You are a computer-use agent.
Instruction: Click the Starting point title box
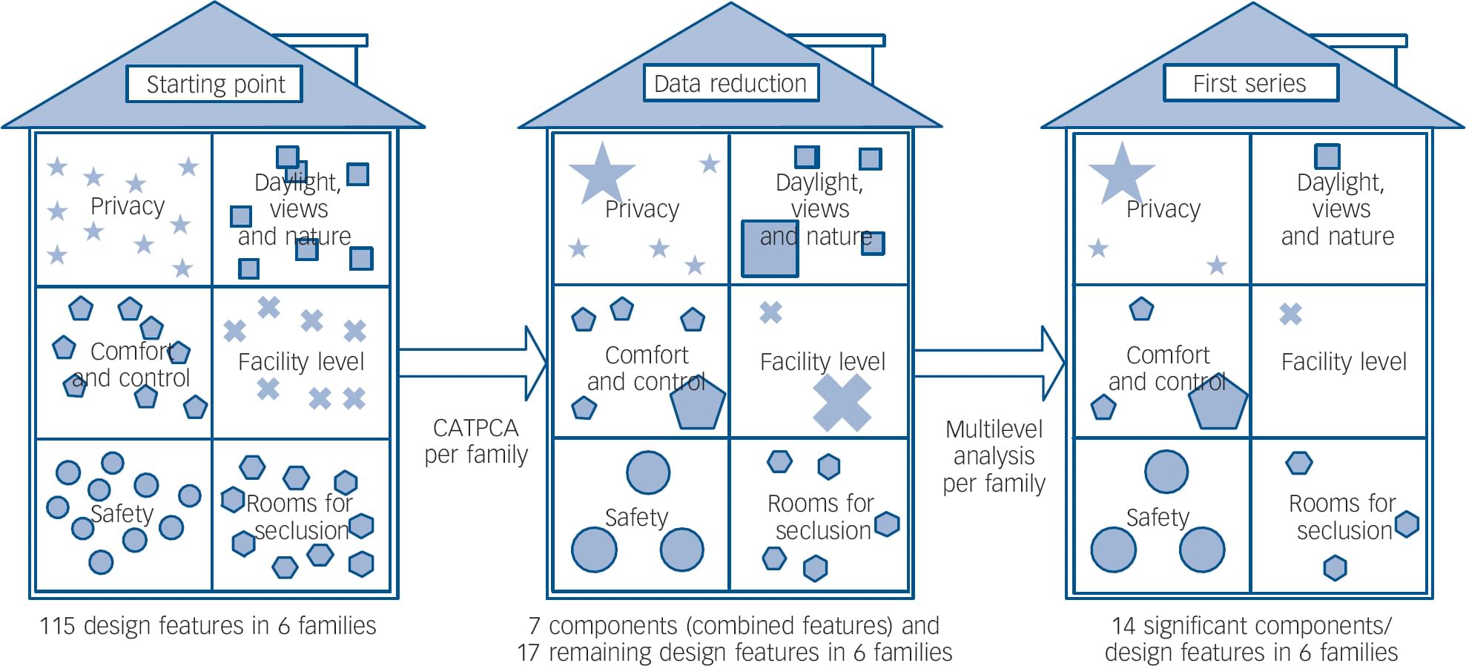(x=214, y=84)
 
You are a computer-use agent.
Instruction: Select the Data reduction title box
(x=730, y=83)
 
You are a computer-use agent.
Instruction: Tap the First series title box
(x=1250, y=83)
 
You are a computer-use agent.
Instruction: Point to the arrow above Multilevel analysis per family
(x=989, y=363)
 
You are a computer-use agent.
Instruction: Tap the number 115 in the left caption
(x=57, y=626)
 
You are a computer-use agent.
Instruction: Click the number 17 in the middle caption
(x=528, y=653)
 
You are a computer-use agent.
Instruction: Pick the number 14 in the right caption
(x=1123, y=626)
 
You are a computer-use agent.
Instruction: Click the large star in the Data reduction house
(x=601, y=174)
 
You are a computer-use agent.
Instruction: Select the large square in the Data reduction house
(x=770, y=248)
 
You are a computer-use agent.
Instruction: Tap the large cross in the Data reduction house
(x=842, y=403)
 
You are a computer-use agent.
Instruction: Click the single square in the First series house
(x=1327, y=156)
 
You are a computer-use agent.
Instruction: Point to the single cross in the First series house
(x=1290, y=314)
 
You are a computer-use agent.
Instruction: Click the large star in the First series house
(x=1121, y=174)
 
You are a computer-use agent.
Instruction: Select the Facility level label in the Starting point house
(x=301, y=362)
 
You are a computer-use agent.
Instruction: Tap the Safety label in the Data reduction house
(x=636, y=517)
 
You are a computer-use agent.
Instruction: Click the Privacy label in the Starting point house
(x=128, y=206)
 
